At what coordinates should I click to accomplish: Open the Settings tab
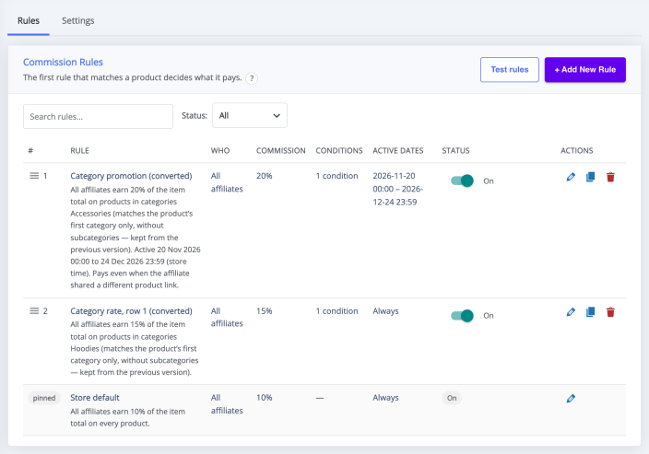tap(77, 20)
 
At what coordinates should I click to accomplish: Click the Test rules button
tap(510, 69)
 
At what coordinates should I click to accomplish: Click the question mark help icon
tap(252, 78)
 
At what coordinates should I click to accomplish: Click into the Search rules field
tap(98, 117)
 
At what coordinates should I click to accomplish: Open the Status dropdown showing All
tap(250, 115)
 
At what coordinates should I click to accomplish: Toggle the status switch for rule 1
tap(462, 180)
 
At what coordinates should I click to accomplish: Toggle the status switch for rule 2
tap(462, 316)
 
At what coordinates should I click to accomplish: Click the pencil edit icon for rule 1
tap(571, 177)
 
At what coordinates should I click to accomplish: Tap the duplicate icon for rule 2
tap(591, 312)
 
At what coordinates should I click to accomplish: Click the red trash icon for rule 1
tap(610, 177)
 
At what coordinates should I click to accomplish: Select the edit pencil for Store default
tap(571, 398)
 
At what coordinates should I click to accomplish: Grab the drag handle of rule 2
tap(34, 310)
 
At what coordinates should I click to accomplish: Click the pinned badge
tap(44, 398)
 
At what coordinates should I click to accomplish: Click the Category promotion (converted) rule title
tap(131, 176)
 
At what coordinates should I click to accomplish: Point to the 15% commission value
tap(264, 311)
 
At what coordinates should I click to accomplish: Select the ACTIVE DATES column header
tap(397, 150)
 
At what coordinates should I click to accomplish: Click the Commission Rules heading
tap(63, 62)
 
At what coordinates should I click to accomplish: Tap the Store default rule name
tap(95, 397)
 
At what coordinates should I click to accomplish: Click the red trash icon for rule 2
tap(610, 312)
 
